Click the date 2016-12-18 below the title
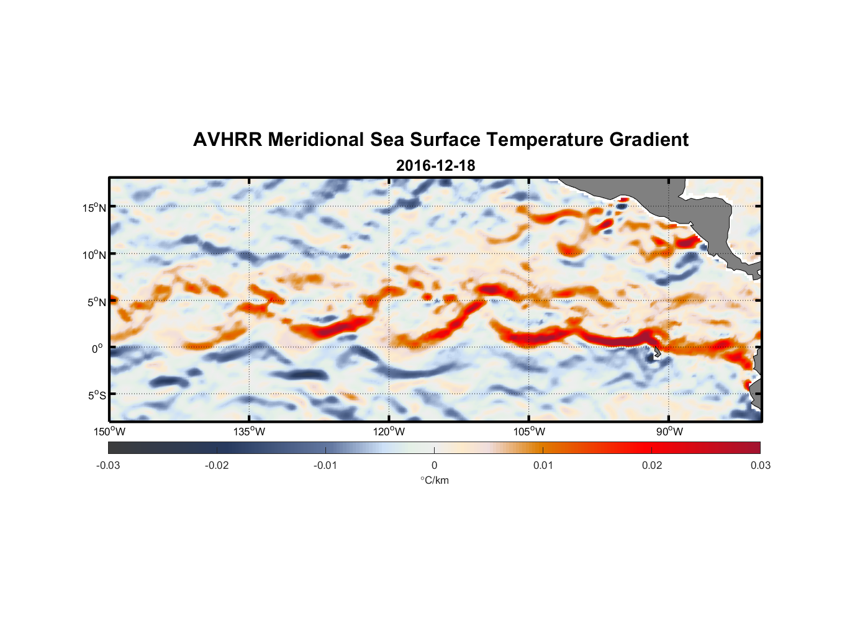pos(435,166)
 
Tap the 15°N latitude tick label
pos(94,207)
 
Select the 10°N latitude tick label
pos(94,255)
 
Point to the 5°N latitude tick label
pos(96,302)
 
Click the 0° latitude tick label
pos(98,348)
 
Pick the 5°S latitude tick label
pos(96,395)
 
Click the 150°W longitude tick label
pos(110,432)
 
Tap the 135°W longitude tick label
pos(250,432)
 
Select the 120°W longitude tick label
pos(389,432)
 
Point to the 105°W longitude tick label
pos(529,432)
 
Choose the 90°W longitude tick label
pos(669,432)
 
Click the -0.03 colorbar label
pos(108,465)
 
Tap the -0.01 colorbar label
pos(325,465)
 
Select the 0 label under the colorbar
pos(434,465)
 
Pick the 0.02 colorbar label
pos(652,465)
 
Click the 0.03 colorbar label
pos(760,465)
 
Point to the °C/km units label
pos(434,480)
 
